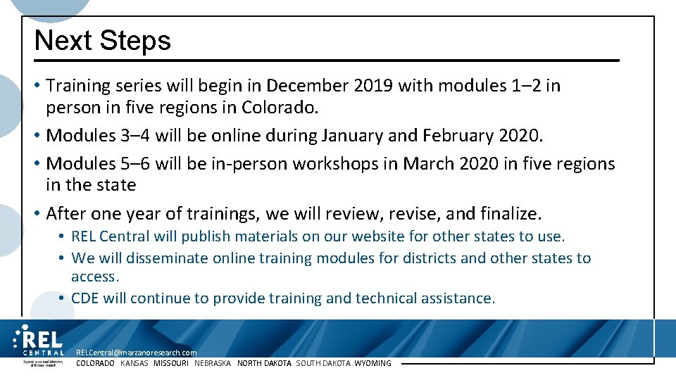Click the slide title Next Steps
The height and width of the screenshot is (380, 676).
[103, 41]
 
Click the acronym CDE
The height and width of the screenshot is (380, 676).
[85, 298]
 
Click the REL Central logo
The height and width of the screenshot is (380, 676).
[39, 342]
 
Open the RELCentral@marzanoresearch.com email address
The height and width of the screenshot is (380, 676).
[137, 353]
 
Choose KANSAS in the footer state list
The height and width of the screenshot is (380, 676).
[134, 363]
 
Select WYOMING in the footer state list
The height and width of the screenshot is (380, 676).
[373, 363]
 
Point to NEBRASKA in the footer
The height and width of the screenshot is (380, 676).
[213, 363]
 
